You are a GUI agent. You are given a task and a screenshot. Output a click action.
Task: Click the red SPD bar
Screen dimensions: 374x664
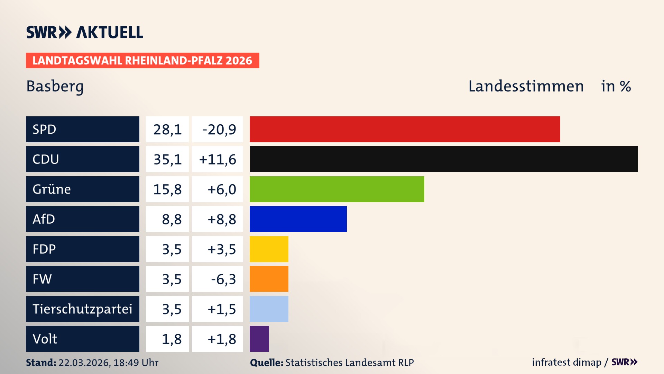tap(405, 129)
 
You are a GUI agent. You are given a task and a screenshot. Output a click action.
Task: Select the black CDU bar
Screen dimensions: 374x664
tap(444, 159)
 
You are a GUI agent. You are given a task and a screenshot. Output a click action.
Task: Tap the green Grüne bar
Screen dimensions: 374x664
tap(337, 189)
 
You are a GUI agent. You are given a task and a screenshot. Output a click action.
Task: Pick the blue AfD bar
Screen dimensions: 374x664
tap(298, 219)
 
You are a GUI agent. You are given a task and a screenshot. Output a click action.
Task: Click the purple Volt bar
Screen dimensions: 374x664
tap(259, 339)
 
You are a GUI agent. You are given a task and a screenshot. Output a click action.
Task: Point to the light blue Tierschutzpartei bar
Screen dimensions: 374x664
tap(269, 309)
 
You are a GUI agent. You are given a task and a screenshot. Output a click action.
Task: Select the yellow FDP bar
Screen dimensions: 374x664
tap(269, 249)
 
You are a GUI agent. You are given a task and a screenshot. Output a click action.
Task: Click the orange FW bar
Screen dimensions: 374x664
tap(269, 279)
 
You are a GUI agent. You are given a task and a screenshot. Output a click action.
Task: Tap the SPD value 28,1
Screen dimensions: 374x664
tap(167, 130)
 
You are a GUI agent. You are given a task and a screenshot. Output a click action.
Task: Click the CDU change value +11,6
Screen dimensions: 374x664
tap(218, 159)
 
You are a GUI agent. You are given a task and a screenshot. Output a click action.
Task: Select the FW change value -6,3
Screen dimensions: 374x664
tap(223, 279)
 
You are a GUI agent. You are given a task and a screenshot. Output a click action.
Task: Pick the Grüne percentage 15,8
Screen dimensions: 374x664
tap(167, 189)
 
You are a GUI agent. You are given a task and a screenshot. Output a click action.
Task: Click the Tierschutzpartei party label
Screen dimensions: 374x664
tap(82, 309)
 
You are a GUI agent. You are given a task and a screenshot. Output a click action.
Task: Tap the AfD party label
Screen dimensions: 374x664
tap(44, 219)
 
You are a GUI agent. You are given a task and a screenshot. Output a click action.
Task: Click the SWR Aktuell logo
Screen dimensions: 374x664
tap(85, 32)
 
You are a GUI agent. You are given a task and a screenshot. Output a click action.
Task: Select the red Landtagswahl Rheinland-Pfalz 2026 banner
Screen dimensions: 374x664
tap(142, 61)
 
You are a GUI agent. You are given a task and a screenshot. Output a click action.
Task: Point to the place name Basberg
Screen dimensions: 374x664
tap(55, 86)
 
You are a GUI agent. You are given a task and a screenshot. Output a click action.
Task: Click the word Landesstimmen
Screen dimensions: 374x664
tap(526, 86)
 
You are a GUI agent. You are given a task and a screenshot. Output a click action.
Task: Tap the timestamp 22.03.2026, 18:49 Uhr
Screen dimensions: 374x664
tap(108, 363)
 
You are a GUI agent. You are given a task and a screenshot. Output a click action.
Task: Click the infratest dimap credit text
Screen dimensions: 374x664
tap(566, 362)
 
